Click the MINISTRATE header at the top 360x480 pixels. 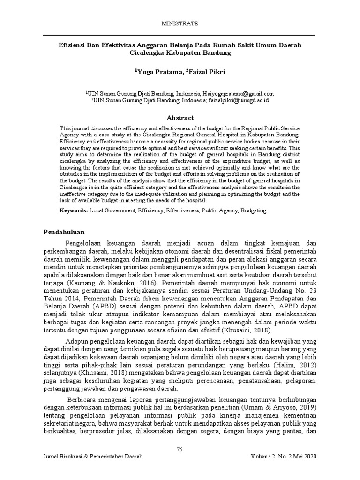point(180,23)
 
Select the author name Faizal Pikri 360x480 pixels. point(208,72)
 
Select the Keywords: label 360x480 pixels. point(73,211)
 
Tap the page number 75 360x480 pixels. point(180,450)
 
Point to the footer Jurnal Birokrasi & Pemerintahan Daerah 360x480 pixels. point(93,456)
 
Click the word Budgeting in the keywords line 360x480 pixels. point(253,211)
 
